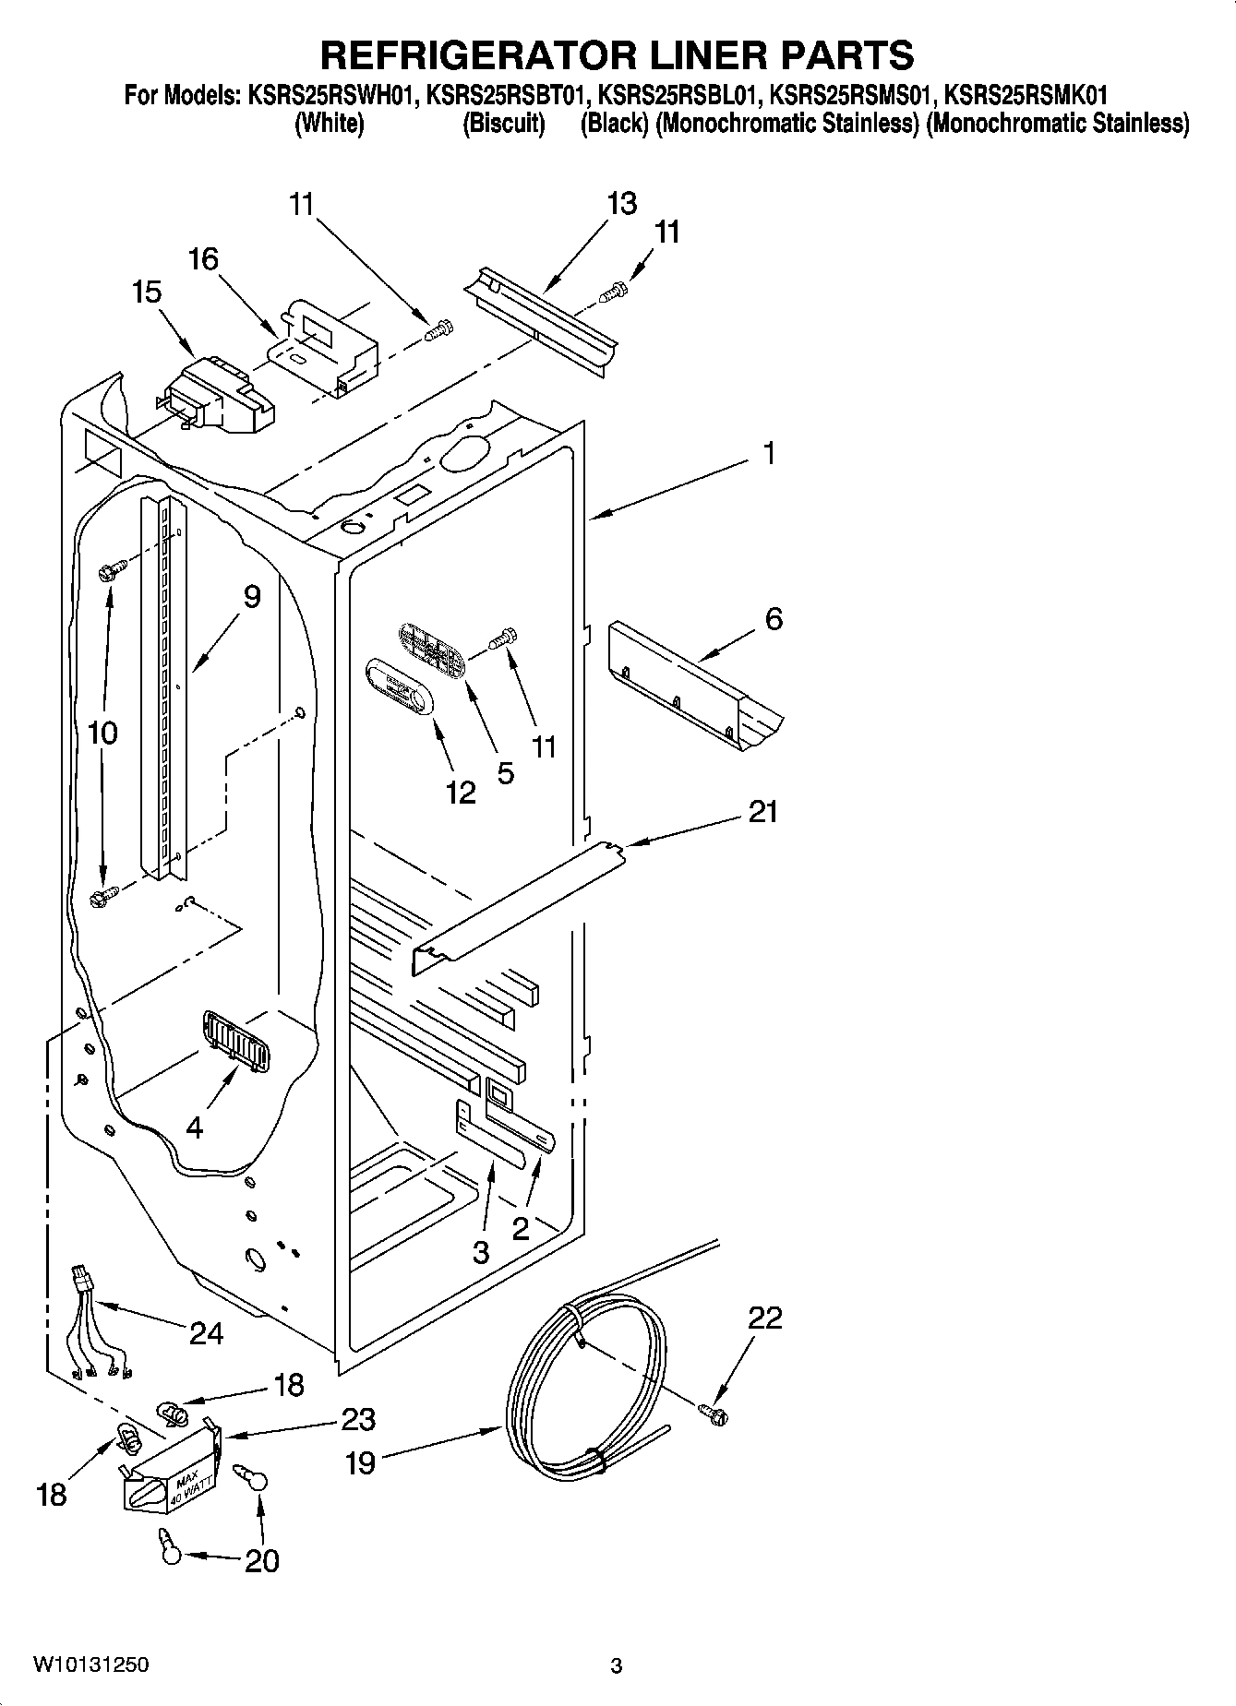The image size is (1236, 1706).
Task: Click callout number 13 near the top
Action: (622, 203)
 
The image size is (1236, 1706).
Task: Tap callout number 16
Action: (203, 259)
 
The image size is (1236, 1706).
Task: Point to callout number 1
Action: (769, 453)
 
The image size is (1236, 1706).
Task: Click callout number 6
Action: (774, 618)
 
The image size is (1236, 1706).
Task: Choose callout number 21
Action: (762, 812)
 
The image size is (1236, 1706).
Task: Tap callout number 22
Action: (766, 1317)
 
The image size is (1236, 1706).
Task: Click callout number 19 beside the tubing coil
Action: (361, 1462)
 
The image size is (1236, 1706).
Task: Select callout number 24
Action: (206, 1332)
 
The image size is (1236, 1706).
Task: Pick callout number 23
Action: (358, 1418)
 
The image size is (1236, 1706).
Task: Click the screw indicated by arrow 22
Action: (713, 1411)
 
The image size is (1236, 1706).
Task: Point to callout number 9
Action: (251, 597)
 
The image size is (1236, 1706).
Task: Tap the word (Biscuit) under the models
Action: (502, 123)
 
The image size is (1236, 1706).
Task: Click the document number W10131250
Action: (90, 1665)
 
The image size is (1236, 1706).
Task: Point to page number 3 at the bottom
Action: (617, 1666)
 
